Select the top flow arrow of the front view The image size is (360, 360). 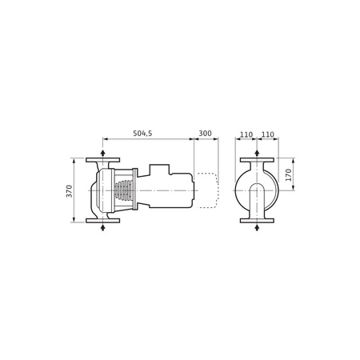257,153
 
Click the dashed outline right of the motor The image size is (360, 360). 208,190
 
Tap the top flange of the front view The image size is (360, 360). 257,160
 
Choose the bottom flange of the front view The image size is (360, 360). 257,221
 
